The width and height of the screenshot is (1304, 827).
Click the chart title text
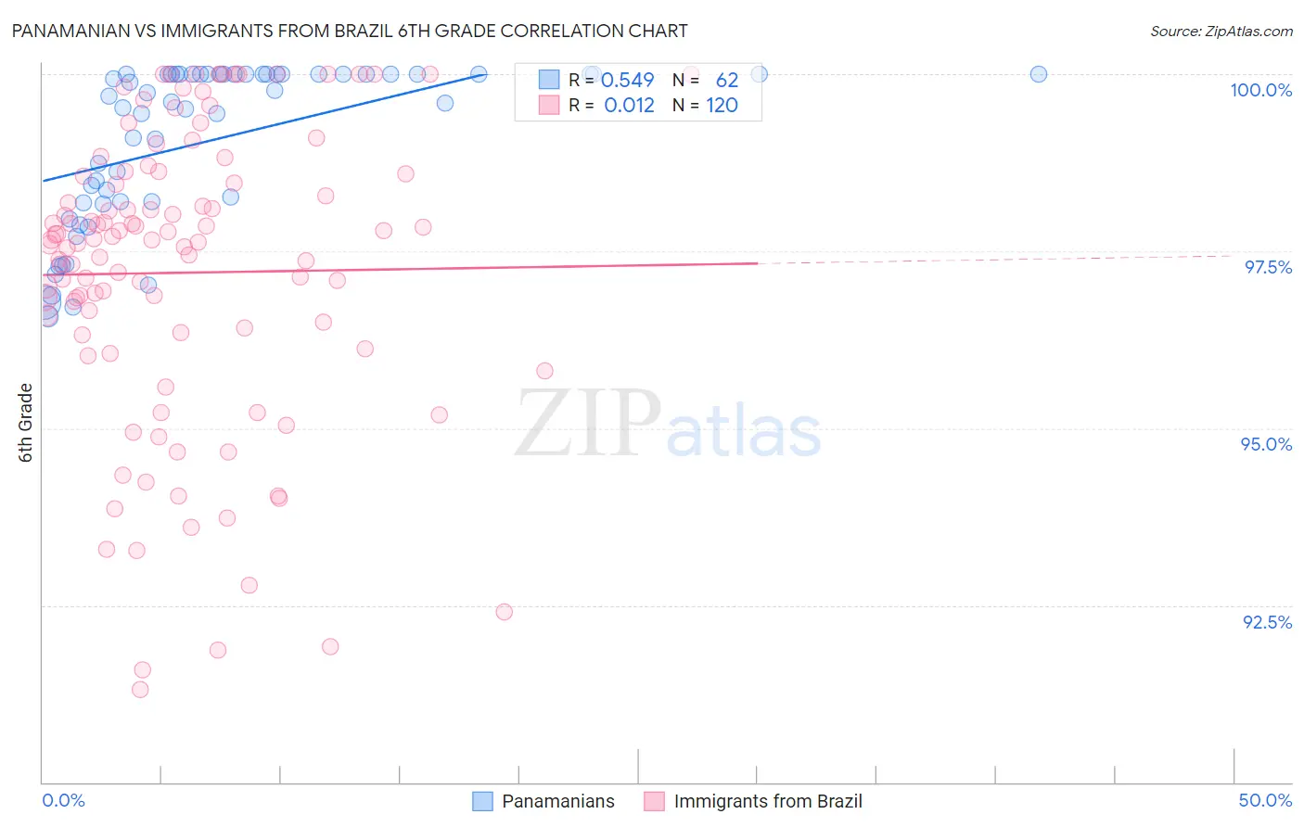[350, 31]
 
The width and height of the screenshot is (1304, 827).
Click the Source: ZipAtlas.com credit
[1221, 31]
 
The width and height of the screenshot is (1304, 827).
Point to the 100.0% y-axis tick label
[1260, 90]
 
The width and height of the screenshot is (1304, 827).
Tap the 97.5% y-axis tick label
[1267, 267]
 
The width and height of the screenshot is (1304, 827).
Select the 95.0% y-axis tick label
[1266, 444]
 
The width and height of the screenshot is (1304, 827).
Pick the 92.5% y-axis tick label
[1267, 622]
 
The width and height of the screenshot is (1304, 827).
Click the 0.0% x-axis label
[63, 800]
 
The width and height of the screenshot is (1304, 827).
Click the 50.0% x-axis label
[1265, 800]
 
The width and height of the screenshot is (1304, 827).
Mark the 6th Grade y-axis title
[26, 423]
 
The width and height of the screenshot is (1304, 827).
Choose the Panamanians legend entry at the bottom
[557, 801]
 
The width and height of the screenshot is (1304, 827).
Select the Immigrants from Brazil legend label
[767, 801]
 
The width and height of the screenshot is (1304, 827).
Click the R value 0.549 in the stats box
[628, 81]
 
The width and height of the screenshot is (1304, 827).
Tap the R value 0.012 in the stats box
[629, 106]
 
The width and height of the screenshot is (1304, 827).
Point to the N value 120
[722, 106]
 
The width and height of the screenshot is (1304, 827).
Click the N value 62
[726, 81]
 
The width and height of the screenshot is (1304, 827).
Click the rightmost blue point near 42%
[1039, 74]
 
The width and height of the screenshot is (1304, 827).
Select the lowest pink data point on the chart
[140, 689]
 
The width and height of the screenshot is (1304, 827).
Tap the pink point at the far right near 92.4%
[505, 612]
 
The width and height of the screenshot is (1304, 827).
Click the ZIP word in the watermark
[588, 424]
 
